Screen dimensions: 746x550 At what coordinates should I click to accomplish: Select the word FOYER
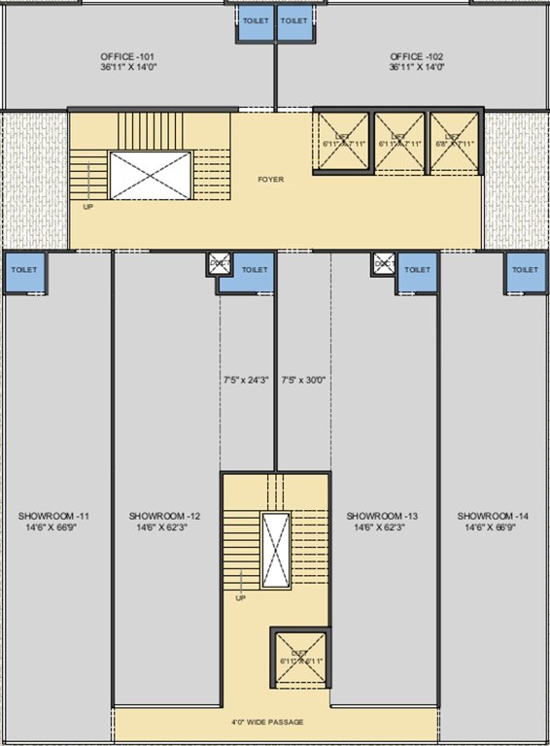(270, 180)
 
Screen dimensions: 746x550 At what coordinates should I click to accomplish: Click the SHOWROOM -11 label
(54, 515)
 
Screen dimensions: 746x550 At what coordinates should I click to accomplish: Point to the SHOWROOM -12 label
(165, 515)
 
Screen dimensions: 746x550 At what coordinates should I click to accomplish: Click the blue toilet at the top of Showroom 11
(23, 271)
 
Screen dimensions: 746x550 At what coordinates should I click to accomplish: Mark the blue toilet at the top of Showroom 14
(525, 271)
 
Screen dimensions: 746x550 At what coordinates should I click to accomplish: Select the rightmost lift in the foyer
(455, 143)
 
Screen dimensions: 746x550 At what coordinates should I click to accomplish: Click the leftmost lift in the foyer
(342, 143)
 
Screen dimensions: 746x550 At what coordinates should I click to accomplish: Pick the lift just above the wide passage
(298, 659)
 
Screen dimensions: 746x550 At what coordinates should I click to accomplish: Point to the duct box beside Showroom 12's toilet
(219, 263)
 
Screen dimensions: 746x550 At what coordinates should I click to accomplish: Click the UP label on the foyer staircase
(88, 207)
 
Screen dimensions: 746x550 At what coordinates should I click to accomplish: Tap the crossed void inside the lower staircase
(275, 550)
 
